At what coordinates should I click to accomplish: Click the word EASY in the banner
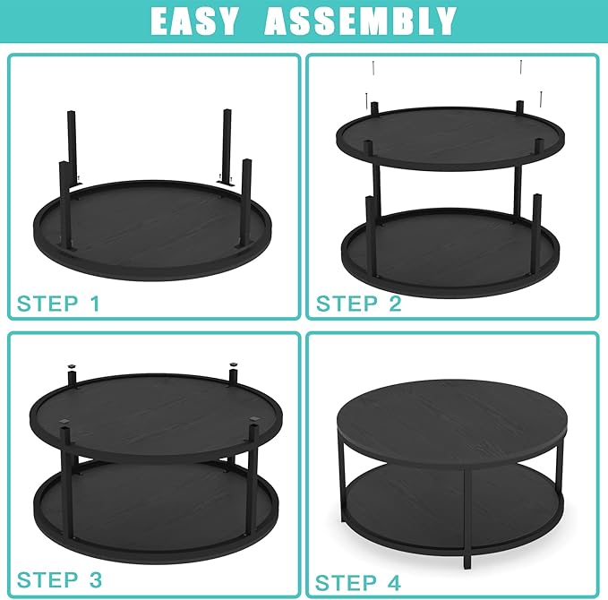[x=193, y=21]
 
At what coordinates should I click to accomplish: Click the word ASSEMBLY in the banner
[x=360, y=21]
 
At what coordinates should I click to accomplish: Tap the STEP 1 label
[x=58, y=304]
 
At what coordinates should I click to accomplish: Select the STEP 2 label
[x=359, y=304]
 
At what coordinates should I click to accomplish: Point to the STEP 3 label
[x=59, y=579]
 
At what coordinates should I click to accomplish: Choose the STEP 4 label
[x=357, y=583]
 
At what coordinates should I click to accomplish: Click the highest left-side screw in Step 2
[x=373, y=69]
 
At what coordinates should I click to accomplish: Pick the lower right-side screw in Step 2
[x=541, y=99]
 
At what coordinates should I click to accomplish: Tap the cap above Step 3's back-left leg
[x=71, y=365]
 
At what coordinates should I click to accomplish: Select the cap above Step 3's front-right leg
[x=254, y=419]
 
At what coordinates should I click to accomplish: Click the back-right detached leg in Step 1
[x=227, y=148]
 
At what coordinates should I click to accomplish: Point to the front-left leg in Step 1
[x=65, y=205]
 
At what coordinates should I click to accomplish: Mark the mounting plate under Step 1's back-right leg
[x=226, y=184]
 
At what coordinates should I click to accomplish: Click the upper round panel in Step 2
[x=450, y=138]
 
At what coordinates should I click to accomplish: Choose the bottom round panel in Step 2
[x=450, y=253]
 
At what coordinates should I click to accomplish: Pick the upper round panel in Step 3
[x=156, y=414]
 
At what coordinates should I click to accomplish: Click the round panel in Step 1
[x=153, y=229]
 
